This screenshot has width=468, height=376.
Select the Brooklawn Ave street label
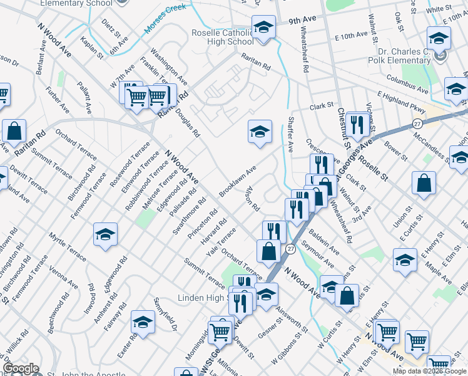pyautogui.click(x=238, y=181)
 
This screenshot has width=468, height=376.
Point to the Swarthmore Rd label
pyautogui.click(x=181, y=217)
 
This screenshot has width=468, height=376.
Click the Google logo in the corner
pyautogui.click(x=21, y=368)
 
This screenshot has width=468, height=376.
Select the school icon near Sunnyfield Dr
pyautogui.click(x=143, y=323)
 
